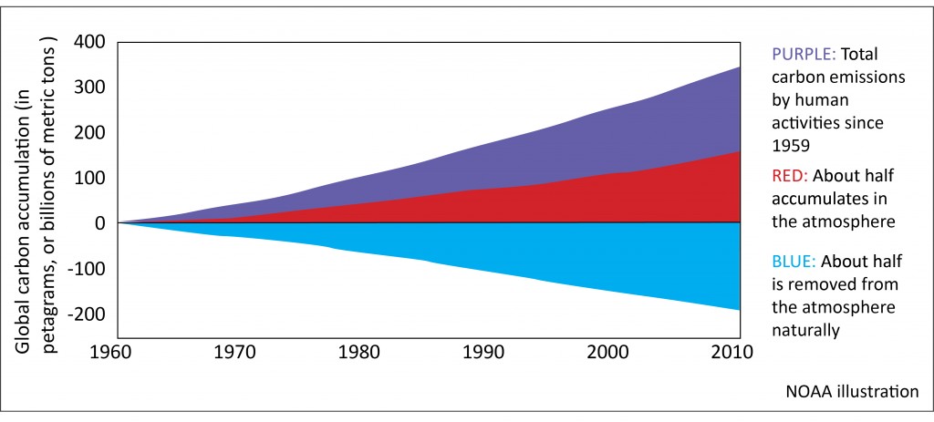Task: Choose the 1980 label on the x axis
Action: [x=367, y=351]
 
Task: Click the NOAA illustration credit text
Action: [x=852, y=392]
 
